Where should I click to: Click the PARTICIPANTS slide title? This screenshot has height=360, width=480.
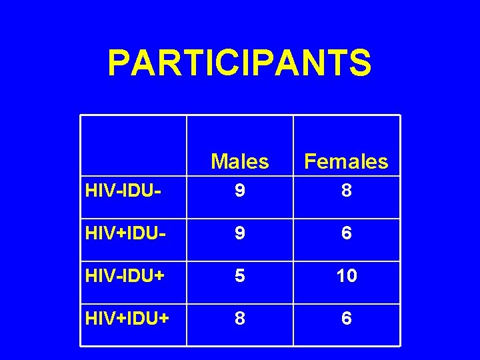click(239, 63)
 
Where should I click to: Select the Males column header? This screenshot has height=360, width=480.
click(240, 161)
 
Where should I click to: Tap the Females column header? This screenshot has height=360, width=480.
click(346, 161)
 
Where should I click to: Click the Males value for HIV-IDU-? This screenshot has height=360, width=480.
click(240, 192)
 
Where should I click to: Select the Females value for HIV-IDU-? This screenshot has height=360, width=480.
click(346, 192)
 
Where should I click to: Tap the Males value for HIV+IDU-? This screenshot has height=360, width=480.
click(240, 234)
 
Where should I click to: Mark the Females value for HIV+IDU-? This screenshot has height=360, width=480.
click(346, 234)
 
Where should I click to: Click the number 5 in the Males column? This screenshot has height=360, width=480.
click(240, 276)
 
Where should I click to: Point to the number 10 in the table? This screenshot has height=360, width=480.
click(346, 276)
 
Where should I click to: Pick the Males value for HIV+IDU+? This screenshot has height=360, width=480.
click(240, 319)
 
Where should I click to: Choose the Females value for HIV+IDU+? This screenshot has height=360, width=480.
click(346, 319)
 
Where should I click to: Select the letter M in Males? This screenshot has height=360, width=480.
click(219, 161)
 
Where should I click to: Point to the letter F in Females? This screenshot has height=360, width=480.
click(311, 161)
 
